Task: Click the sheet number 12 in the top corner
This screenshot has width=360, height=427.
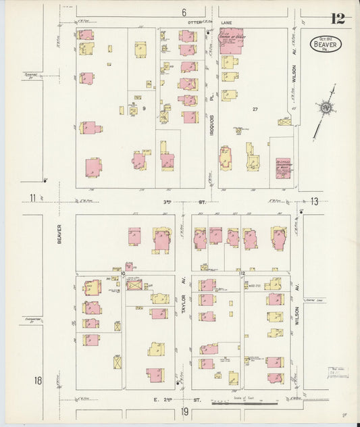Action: pyautogui.click(x=338, y=18)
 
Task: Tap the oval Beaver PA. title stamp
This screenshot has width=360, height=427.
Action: pyautogui.click(x=326, y=44)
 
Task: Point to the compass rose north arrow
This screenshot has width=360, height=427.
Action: pyautogui.click(x=326, y=107)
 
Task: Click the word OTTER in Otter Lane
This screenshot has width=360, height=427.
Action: pyautogui.click(x=195, y=22)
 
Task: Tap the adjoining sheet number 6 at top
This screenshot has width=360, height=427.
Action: pyautogui.click(x=183, y=12)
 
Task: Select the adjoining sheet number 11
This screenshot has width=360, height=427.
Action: pyautogui.click(x=32, y=197)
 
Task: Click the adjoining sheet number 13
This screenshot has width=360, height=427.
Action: pyautogui.click(x=313, y=201)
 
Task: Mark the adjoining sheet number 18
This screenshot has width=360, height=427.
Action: pyautogui.click(x=38, y=380)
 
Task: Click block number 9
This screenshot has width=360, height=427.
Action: pyautogui.click(x=143, y=108)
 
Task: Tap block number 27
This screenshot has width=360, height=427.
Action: pyautogui.click(x=255, y=109)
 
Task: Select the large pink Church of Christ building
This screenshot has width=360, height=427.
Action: pyautogui.click(x=231, y=41)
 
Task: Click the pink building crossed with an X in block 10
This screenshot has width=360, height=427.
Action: pyautogui.click(x=134, y=284)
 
